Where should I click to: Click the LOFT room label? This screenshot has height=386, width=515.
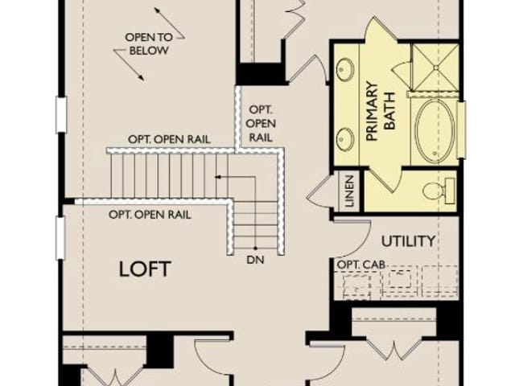tap(145, 269)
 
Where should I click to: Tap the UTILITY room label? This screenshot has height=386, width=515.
tap(408, 241)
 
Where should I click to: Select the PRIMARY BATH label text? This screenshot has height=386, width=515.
tap(381, 111)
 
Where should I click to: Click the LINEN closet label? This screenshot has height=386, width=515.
tap(350, 191)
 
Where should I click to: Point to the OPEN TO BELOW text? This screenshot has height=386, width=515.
tap(149, 43)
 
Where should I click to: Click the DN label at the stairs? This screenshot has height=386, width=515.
tap(255, 260)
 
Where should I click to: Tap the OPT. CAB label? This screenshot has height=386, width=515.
tap(361, 265)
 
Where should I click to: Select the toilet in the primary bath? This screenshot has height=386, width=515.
tap(439, 191)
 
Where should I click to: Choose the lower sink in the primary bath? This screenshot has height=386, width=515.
tap(344, 139)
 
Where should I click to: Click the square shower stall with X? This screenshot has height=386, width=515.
tap(435, 68)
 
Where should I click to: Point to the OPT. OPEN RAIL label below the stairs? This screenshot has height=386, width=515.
tap(150, 215)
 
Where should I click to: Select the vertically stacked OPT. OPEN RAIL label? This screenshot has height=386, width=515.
tap(261, 123)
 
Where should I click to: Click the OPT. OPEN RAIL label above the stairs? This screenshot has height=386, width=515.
tap(169, 139)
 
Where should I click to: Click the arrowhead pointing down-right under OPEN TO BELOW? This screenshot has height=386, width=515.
tap(142, 77)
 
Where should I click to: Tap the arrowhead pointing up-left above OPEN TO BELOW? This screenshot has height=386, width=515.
tap(158, 10)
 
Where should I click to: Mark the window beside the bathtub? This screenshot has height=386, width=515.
tap(462, 130)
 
